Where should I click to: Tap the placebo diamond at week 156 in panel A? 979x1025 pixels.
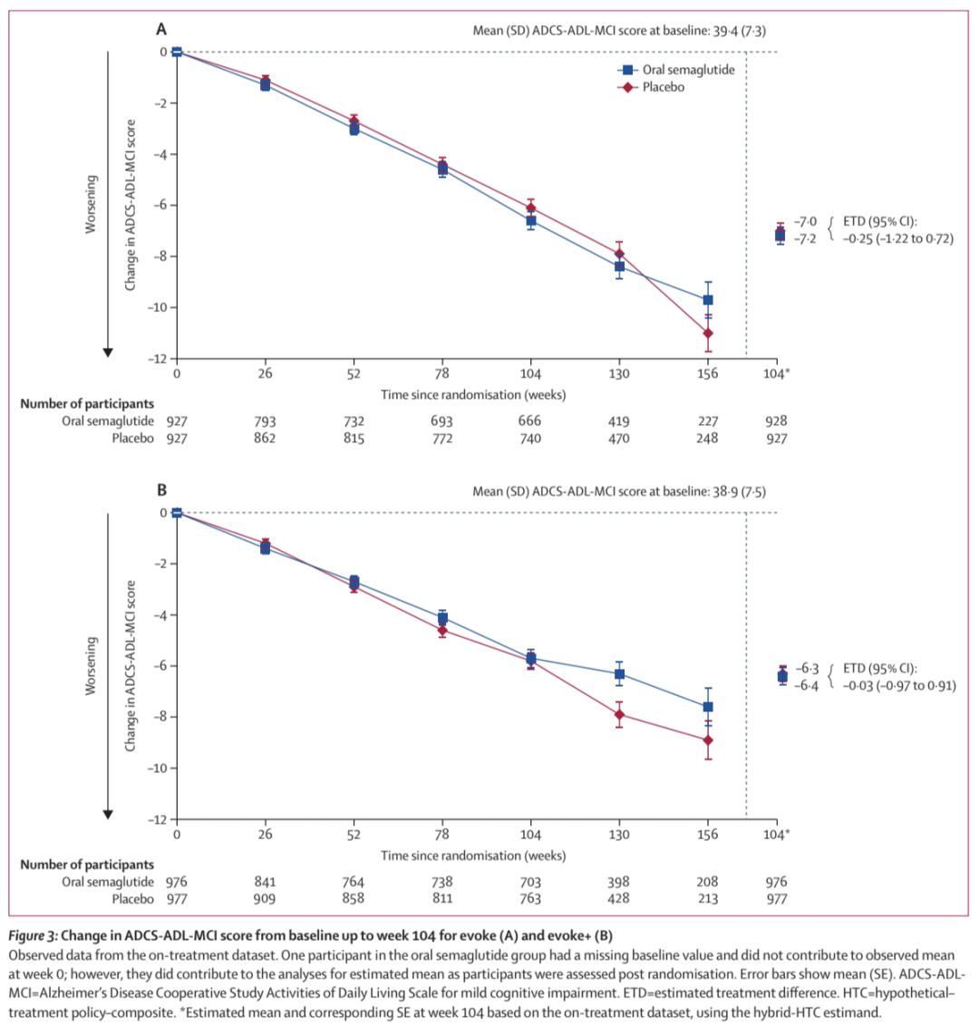[708, 333]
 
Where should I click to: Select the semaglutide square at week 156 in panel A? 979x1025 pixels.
[708, 299]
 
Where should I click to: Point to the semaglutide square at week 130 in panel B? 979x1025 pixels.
[620, 673]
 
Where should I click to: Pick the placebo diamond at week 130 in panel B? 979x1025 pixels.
[620, 714]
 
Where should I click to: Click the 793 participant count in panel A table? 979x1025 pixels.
[266, 421]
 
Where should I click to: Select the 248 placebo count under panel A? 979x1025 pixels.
[708, 439]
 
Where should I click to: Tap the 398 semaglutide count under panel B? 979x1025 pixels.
[620, 882]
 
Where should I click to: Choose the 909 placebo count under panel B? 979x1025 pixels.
[266, 899]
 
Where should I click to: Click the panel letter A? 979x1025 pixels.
[162, 29]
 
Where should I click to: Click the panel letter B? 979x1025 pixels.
[162, 490]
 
